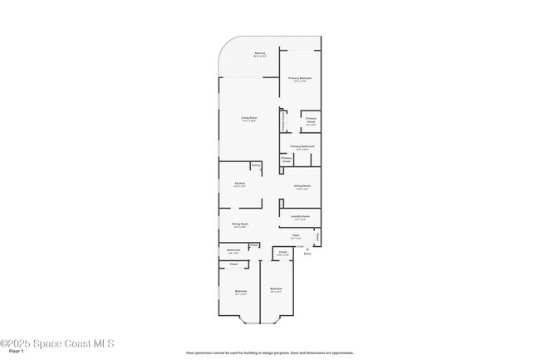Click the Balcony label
coord(260,53)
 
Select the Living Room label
coord(249,117)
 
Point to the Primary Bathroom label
coord(302,146)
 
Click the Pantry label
coord(256,165)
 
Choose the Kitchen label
coord(239,182)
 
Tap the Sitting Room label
coord(302,185)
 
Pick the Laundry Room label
coord(301,216)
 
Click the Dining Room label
coord(239,223)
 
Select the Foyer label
coord(296,235)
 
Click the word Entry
coord(307,254)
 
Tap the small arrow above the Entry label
coord(307,249)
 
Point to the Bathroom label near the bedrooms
coord(234,249)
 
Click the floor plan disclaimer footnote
coord(270,353)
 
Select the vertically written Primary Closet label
coord(285,122)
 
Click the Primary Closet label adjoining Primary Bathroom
coord(286,158)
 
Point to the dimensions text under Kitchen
coord(239,186)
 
